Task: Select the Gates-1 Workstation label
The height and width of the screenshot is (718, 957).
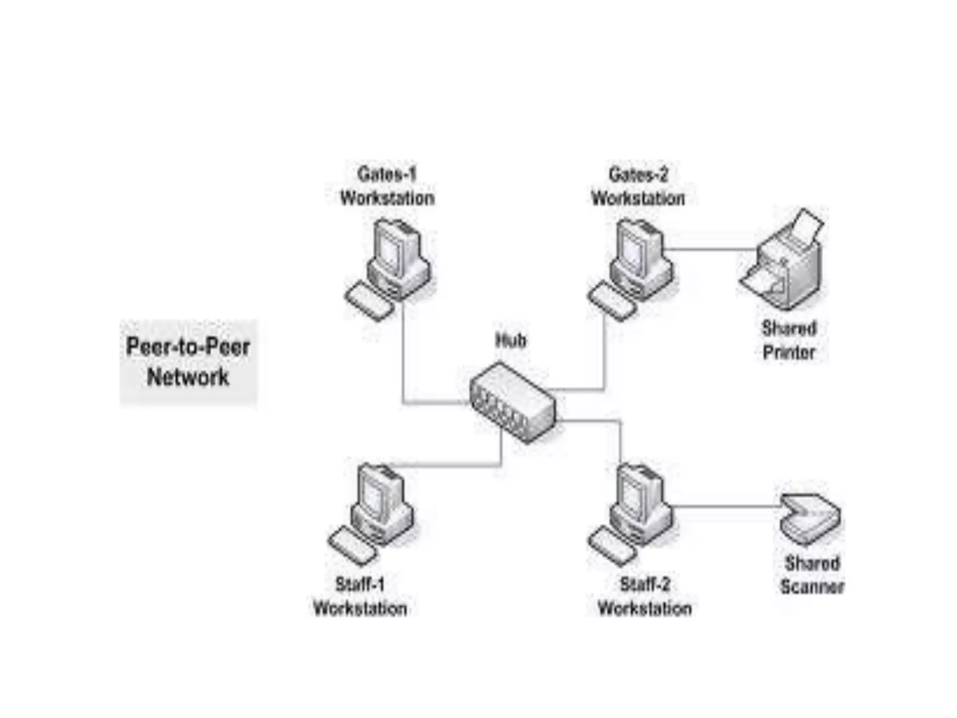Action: [387, 187]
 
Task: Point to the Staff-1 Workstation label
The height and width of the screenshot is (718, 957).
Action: [360, 596]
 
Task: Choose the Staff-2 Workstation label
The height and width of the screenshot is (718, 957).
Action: [645, 596]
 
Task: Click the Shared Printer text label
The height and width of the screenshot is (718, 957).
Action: [789, 340]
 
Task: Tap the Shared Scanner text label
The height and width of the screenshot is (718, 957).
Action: [812, 575]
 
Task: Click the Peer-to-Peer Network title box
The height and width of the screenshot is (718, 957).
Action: [188, 362]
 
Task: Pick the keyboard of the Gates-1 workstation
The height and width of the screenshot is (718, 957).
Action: [368, 301]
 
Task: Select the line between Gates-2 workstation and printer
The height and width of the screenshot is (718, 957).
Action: [710, 249]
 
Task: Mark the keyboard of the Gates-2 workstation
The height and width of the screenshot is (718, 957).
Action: [611, 301]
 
